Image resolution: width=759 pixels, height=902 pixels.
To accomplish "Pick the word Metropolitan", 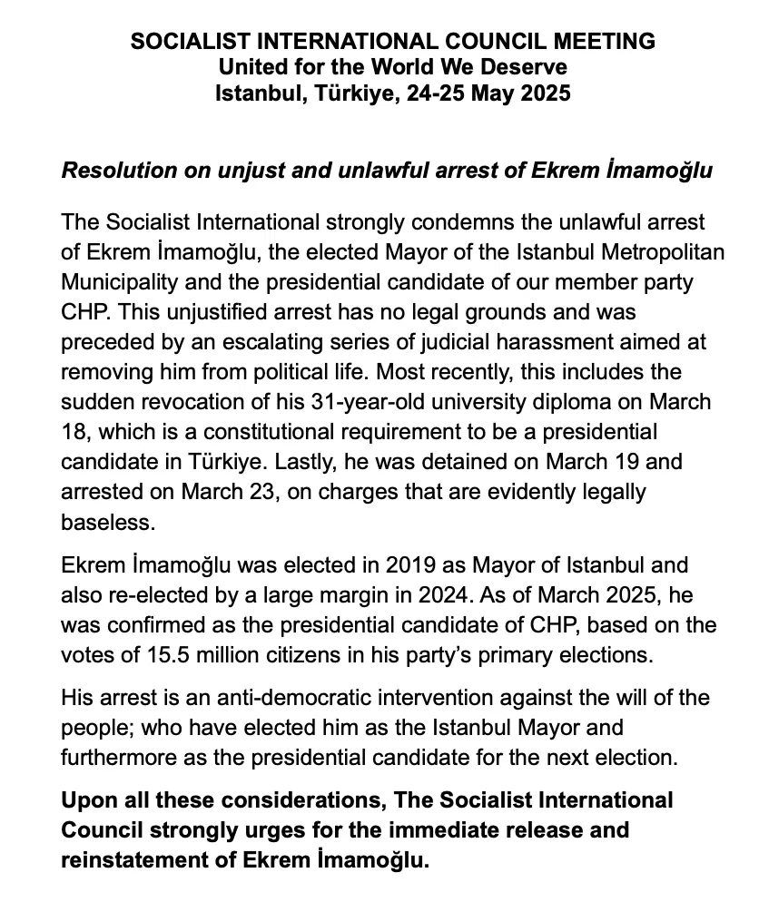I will (660, 253).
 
